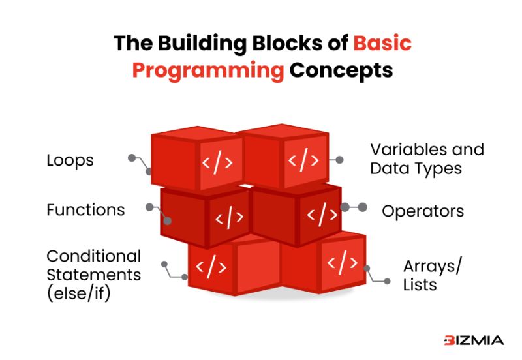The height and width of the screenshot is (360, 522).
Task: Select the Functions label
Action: (x=85, y=210)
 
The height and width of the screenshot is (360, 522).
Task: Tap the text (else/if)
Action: (x=78, y=293)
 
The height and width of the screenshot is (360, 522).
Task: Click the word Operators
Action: (x=423, y=211)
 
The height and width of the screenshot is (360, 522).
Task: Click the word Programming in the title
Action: (x=208, y=70)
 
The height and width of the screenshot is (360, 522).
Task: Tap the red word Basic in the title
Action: (x=382, y=43)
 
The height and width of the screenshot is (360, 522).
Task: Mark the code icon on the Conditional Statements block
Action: (x=211, y=265)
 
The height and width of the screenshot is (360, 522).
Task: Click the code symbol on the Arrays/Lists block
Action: (x=342, y=263)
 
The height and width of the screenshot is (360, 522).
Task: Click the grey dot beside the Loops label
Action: (x=131, y=158)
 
